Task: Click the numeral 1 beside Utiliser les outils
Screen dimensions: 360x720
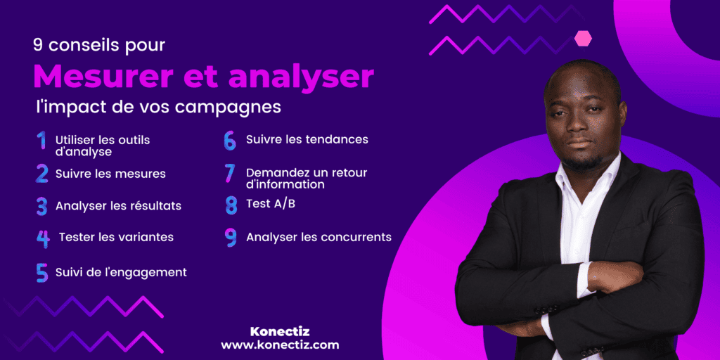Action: click(x=41, y=141)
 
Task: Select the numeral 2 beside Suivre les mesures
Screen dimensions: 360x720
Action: click(x=42, y=174)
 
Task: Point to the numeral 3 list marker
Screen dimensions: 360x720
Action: click(x=42, y=206)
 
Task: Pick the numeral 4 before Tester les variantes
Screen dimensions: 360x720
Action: click(x=43, y=238)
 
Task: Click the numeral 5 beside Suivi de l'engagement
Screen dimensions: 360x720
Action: click(x=42, y=272)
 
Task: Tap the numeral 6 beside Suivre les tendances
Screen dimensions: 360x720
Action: click(x=230, y=140)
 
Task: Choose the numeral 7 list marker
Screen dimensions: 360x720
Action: click(x=229, y=173)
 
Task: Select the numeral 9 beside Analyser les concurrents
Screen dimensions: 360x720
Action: click(x=231, y=238)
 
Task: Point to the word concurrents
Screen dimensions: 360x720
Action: click(x=356, y=238)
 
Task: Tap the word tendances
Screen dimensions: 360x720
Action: click(x=336, y=139)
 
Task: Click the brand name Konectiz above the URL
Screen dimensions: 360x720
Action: click(x=280, y=330)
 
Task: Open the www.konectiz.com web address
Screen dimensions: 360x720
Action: click(x=280, y=345)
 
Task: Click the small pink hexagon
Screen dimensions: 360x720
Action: click(x=583, y=39)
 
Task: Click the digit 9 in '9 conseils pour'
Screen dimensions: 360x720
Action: click(x=37, y=45)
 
